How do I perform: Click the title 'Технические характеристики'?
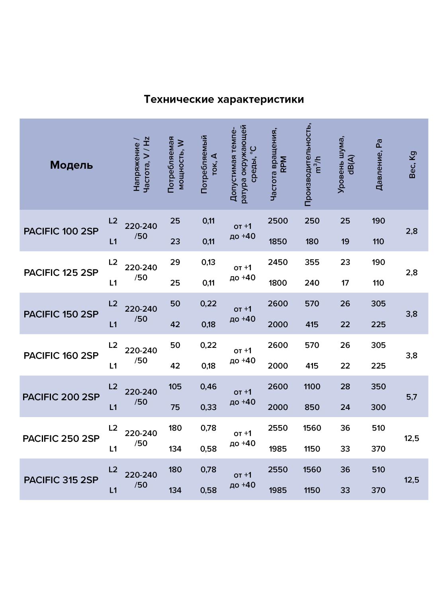click(224, 99)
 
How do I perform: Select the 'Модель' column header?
click(71, 165)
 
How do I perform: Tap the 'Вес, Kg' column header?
click(412, 165)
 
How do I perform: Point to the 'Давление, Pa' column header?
click(379, 165)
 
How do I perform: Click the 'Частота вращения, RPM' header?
click(278, 165)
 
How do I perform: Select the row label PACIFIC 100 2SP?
click(61, 231)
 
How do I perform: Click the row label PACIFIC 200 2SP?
click(61, 397)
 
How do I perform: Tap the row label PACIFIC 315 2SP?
click(61, 480)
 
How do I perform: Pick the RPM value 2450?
click(278, 262)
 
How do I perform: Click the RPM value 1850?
click(278, 242)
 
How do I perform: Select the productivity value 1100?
click(312, 386)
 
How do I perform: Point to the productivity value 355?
click(312, 262)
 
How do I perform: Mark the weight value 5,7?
click(411, 397)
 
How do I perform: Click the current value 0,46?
click(208, 386)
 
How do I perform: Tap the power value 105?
click(175, 386)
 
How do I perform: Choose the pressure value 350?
click(378, 386)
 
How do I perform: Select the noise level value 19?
click(345, 242)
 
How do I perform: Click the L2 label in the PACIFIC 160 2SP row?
click(113, 345)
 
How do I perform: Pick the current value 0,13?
click(208, 262)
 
